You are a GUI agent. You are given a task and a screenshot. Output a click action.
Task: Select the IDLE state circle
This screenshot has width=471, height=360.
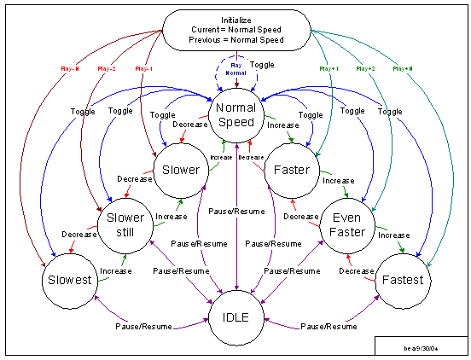pyautogui.click(x=235, y=317)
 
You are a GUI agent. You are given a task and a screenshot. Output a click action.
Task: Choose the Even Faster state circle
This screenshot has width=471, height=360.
pyautogui.click(x=347, y=225)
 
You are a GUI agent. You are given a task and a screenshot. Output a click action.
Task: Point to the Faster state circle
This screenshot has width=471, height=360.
pyautogui.click(x=292, y=170)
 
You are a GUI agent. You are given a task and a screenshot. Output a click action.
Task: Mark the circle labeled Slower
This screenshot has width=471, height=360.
pyautogui.click(x=180, y=170)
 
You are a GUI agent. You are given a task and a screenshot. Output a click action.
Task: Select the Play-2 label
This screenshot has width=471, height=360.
pyautogui.click(x=108, y=67)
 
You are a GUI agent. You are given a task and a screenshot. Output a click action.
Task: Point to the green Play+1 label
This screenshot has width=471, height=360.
pyautogui.click(x=328, y=67)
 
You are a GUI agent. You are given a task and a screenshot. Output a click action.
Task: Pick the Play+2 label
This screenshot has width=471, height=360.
pyautogui.click(x=364, y=67)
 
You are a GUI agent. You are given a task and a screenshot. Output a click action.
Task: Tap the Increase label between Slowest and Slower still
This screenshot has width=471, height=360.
pyautogui.click(x=115, y=271)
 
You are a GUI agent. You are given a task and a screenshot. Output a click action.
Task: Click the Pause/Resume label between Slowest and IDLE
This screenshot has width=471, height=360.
pyautogui.click(x=141, y=327)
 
